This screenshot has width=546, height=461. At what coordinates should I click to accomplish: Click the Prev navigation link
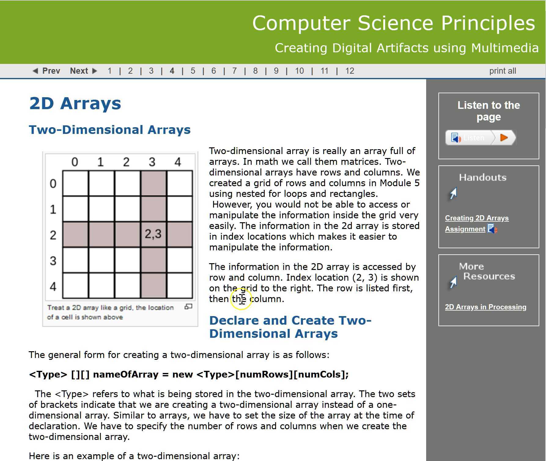(46, 71)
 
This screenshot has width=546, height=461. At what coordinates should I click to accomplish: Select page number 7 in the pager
(234, 71)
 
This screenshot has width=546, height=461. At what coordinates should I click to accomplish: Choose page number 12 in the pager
(349, 71)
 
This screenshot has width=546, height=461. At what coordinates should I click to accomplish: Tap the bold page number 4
(172, 71)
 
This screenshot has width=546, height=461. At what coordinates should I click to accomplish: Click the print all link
(502, 71)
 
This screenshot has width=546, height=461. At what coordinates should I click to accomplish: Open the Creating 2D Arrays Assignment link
(477, 218)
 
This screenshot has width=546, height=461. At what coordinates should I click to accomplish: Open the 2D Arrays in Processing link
(485, 307)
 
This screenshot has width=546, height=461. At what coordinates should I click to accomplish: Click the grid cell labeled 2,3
(153, 234)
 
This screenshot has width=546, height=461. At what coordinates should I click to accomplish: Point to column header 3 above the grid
(152, 162)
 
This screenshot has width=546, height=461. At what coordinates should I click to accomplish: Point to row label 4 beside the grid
(53, 286)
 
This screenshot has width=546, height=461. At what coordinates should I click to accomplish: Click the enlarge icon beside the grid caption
(188, 306)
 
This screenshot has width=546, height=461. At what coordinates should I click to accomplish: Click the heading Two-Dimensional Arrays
(110, 130)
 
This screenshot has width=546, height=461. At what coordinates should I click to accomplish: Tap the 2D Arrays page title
(75, 103)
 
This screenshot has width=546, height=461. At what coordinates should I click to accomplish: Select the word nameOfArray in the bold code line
(125, 374)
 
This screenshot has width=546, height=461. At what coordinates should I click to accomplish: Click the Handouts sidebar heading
(482, 177)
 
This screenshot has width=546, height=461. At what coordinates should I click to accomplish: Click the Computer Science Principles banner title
(393, 23)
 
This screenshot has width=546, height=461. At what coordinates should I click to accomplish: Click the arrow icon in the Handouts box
(453, 194)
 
